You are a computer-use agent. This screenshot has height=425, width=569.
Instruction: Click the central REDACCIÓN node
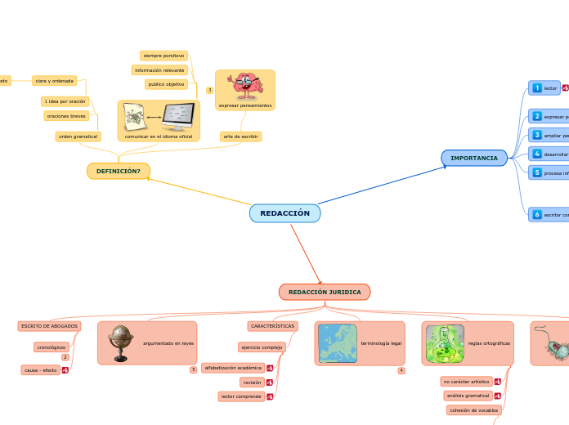click(x=284, y=213)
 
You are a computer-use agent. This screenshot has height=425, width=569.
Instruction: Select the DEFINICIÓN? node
click(x=119, y=171)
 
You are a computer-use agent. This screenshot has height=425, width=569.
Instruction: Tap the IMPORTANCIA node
click(x=474, y=158)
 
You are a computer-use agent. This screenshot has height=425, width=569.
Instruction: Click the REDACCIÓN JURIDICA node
click(x=325, y=292)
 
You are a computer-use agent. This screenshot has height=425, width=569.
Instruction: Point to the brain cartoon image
click(x=244, y=86)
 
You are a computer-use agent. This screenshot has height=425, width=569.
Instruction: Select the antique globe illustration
click(x=122, y=343)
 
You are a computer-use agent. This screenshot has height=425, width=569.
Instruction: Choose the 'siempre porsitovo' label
click(x=164, y=56)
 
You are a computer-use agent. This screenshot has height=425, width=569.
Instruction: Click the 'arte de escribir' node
click(x=240, y=136)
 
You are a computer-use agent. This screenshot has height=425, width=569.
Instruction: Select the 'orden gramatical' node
click(x=78, y=136)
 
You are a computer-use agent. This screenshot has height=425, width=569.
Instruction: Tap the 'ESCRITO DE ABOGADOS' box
click(x=50, y=326)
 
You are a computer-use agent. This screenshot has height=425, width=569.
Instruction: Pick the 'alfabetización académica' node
click(x=233, y=368)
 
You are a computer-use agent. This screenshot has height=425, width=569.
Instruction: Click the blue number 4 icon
click(x=536, y=154)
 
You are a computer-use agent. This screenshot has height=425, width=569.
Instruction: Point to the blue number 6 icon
click(x=536, y=215)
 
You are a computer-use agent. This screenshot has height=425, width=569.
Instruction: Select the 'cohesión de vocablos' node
click(x=474, y=409)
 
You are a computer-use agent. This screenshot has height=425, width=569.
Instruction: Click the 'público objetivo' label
click(x=167, y=84)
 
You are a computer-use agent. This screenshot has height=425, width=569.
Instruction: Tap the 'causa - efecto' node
click(x=41, y=370)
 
